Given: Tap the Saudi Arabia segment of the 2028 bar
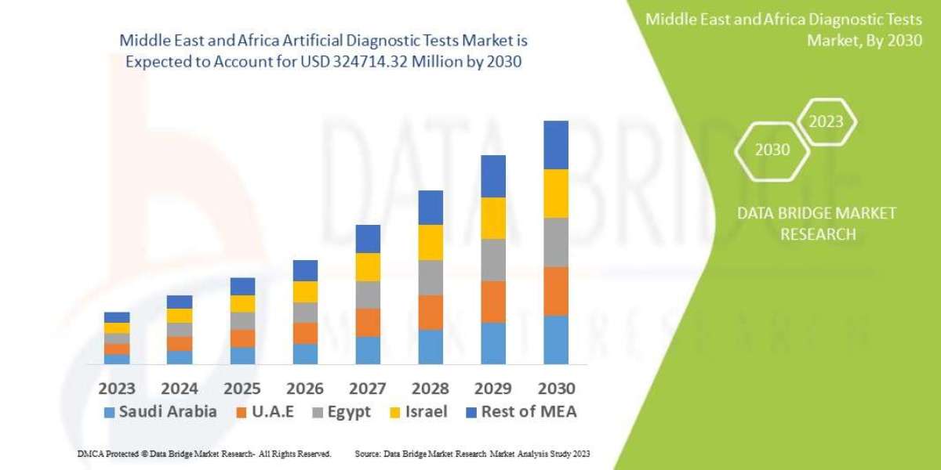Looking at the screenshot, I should click(x=431, y=346).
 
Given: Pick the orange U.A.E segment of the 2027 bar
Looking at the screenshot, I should click(x=368, y=322).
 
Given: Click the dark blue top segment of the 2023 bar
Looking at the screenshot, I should click(x=117, y=317).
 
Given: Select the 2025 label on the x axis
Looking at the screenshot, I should click(x=242, y=388).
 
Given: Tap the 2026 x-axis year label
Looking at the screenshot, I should click(x=305, y=388).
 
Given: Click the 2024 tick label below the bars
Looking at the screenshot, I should click(x=180, y=388).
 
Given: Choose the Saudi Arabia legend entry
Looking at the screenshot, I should click(x=161, y=412).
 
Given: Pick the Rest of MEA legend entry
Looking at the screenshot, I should click(x=520, y=412).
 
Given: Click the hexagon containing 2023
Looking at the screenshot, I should click(x=826, y=121).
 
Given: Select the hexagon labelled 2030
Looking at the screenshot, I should click(x=772, y=150).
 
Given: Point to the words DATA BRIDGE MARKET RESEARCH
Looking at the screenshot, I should click(x=818, y=223).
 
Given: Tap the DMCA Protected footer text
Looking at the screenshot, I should click(x=204, y=454).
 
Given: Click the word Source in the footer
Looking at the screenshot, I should click(x=368, y=454).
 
